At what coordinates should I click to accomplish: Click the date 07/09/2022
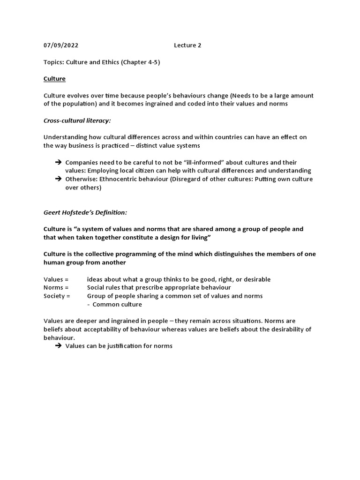[61, 45]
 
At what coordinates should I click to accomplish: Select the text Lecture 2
[187, 45]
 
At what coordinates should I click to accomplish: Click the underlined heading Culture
[54, 79]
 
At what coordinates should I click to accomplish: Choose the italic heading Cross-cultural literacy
[77, 120]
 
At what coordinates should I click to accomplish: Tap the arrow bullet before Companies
[58, 162]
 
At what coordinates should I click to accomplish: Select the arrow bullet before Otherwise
[58, 179]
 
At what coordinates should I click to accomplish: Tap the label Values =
[56, 279]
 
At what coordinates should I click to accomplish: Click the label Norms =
[56, 287]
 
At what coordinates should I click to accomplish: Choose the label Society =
[57, 296]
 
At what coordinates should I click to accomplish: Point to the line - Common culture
[114, 304]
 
